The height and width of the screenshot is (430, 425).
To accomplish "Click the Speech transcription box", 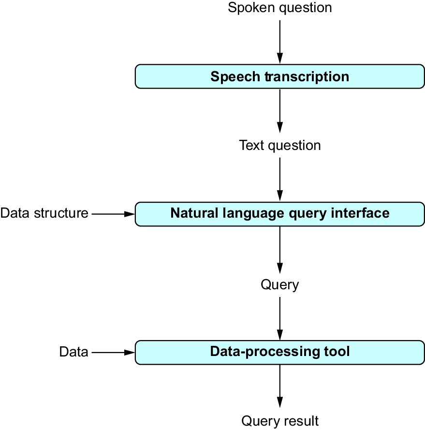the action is (x=279, y=76).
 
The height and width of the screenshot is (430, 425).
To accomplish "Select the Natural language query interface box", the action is (x=279, y=214).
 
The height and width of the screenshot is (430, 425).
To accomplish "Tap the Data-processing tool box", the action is (x=279, y=353).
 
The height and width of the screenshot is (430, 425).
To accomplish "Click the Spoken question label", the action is (x=279, y=8).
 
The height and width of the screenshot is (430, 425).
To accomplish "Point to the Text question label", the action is (x=279, y=145).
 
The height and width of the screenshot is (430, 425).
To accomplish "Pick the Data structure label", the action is (x=44, y=213).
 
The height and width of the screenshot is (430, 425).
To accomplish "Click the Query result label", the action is (x=280, y=421).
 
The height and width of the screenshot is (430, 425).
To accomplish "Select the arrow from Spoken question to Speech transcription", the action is (x=279, y=42).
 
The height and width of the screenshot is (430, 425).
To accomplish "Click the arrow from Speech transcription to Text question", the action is (x=279, y=111).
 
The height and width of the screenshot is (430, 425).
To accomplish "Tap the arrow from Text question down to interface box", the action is (x=279, y=179).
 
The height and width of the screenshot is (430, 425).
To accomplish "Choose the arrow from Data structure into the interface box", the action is (x=113, y=214).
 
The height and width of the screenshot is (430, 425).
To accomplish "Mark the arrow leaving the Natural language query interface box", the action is (x=279, y=250).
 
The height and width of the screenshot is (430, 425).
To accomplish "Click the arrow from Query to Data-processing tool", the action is (x=279, y=319).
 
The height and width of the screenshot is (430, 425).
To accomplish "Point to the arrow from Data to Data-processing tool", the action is (x=113, y=353).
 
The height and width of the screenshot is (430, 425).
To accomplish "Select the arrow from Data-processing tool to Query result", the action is (x=279, y=386).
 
